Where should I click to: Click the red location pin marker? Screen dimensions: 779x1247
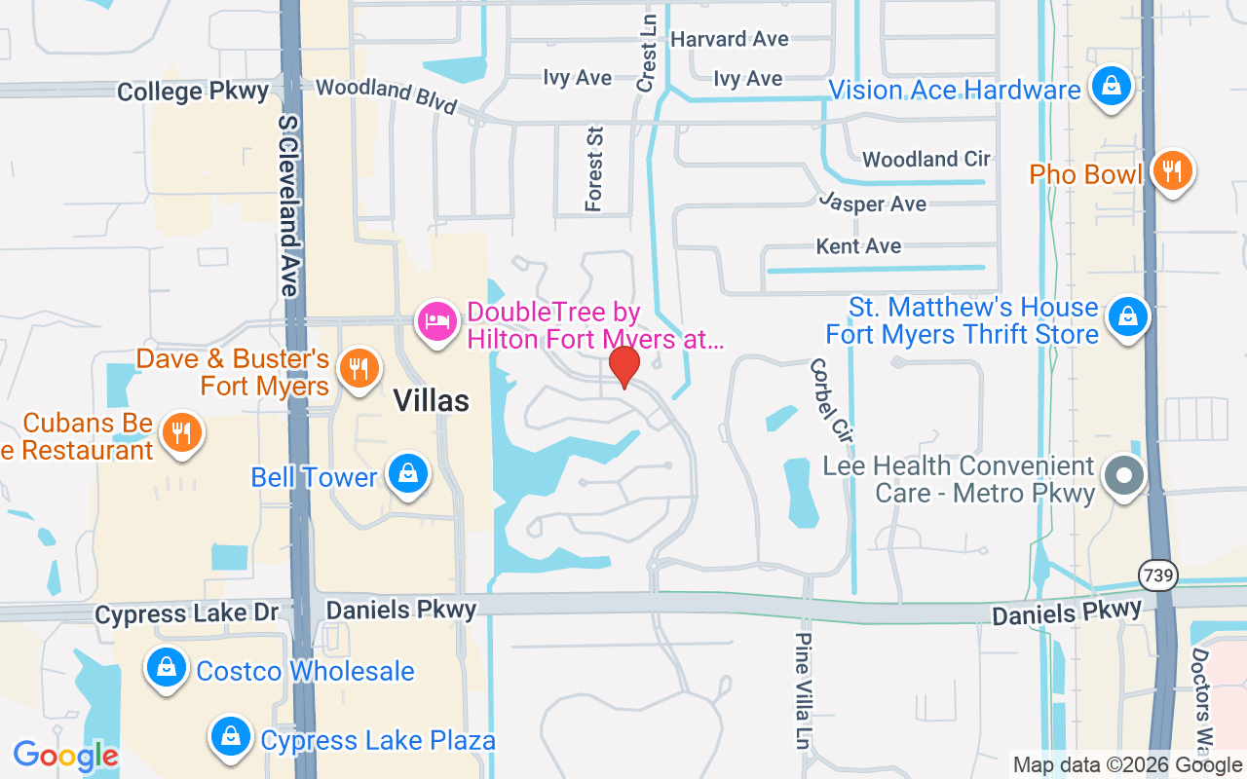(x=623, y=366)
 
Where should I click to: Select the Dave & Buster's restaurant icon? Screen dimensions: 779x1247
(x=359, y=368)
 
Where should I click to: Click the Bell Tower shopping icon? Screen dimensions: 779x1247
(x=408, y=473)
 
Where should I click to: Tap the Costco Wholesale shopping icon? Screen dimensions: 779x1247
(x=167, y=668)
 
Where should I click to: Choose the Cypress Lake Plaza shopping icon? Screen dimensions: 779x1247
(x=231, y=737)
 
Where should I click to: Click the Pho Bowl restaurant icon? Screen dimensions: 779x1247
(x=1172, y=171)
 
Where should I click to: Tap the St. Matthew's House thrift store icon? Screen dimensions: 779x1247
(x=1127, y=316)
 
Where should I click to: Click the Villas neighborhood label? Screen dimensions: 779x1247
(x=431, y=400)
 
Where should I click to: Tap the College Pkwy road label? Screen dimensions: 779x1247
(x=193, y=92)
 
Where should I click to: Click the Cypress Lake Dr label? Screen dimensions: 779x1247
(x=187, y=613)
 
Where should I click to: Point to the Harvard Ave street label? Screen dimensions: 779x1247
(x=730, y=40)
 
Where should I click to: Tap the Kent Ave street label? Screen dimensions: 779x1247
(x=858, y=246)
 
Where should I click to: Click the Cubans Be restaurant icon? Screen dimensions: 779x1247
(x=180, y=433)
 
